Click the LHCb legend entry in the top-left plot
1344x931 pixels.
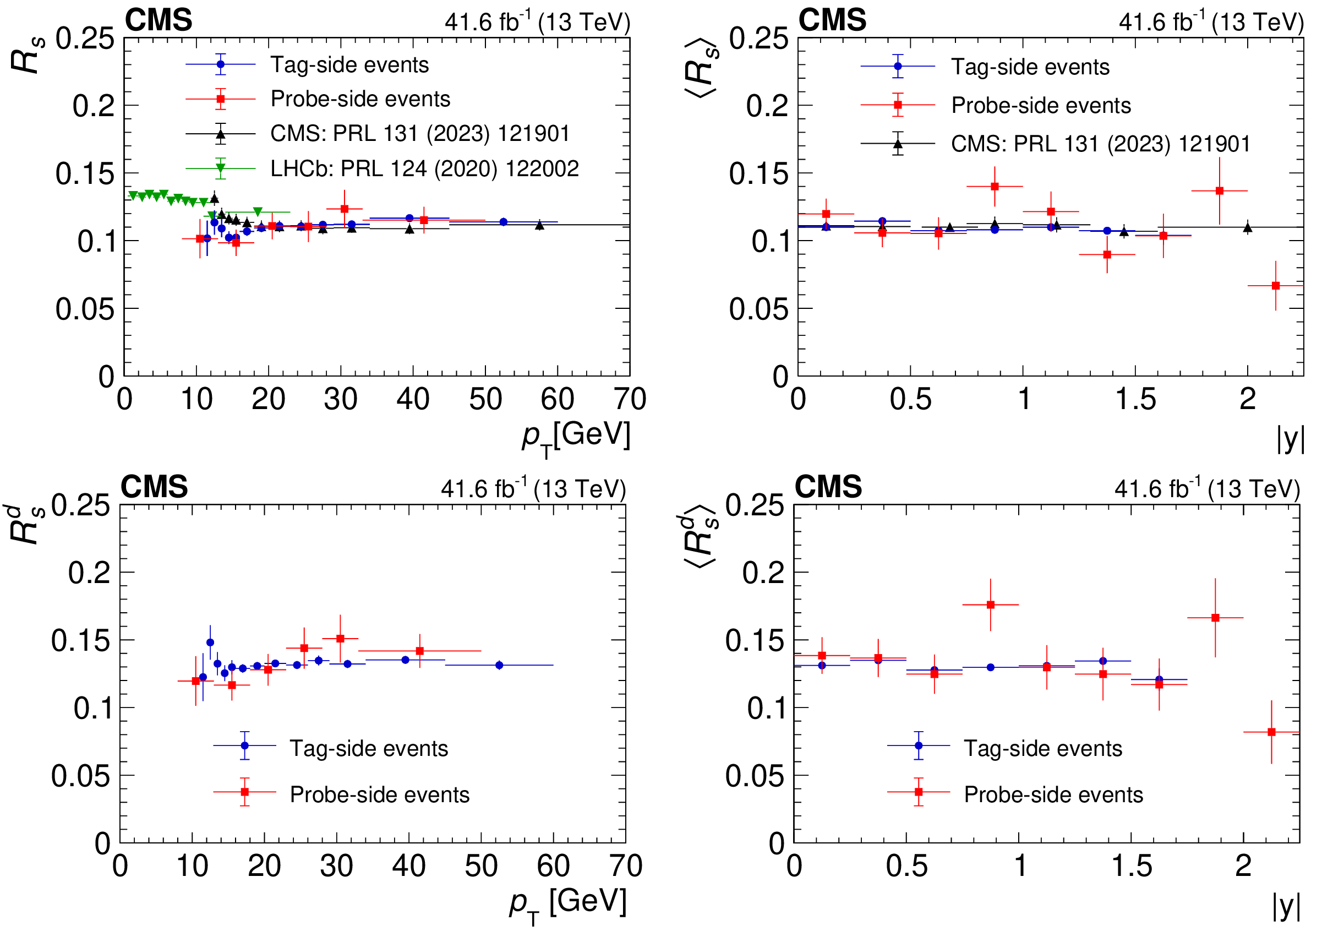pyautogui.click(x=424, y=168)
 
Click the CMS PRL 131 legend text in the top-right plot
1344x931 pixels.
pyautogui.click(x=1100, y=144)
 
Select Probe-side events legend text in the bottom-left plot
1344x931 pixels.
pyautogui.click(x=380, y=794)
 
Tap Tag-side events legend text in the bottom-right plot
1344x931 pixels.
pyautogui.click(x=1042, y=748)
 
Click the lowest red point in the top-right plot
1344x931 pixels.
pyautogui.click(x=1276, y=286)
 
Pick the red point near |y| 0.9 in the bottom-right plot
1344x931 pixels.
pyautogui.click(x=991, y=605)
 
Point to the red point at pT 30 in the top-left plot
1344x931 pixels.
pyautogui.click(x=345, y=209)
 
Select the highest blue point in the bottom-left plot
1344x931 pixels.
pyautogui.click(x=210, y=643)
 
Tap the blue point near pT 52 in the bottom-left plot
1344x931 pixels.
pyautogui.click(x=499, y=665)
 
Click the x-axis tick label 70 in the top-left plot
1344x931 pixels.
pyautogui.click(x=630, y=400)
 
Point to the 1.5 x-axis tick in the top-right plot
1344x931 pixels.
pyautogui.click(x=1135, y=400)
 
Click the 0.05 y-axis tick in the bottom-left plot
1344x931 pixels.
pyautogui.click(x=80, y=776)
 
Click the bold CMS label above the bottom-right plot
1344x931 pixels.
pyautogui.click(x=828, y=487)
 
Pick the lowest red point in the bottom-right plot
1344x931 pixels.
pyautogui.click(x=1272, y=732)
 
